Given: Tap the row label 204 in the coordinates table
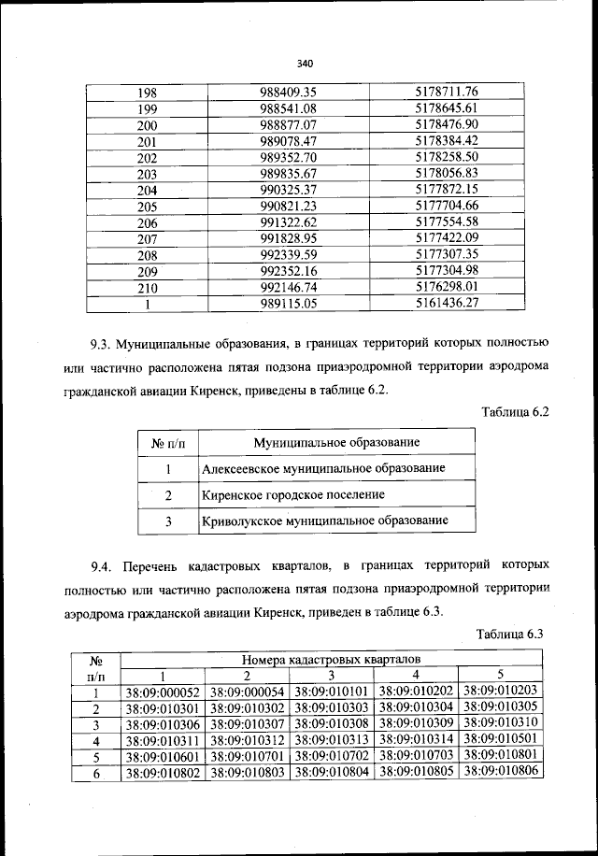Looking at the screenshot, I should coord(147,191).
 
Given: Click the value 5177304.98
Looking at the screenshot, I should coord(447,271).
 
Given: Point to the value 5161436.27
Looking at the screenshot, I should coord(447,304).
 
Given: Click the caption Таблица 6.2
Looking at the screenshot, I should coord(513,411).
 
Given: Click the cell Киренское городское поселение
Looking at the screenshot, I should coord(293,493).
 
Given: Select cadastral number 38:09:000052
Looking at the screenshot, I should coord(163,692).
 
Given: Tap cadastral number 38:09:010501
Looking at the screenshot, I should coord(502,740).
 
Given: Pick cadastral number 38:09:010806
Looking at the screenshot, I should coord(502,773).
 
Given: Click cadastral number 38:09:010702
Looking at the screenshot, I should coord(333,756).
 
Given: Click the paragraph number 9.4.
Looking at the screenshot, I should coord(102,567).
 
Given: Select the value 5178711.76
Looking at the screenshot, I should coord(447,93).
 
